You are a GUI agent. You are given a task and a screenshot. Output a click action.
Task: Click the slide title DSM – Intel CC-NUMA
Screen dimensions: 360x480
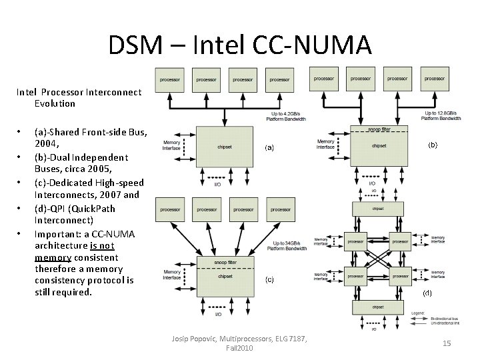pyautogui.click(x=239, y=45)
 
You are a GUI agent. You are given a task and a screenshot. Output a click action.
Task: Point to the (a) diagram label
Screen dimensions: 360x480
pyautogui.click(x=269, y=147)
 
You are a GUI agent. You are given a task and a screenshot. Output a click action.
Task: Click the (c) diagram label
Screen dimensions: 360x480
pyautogui.click(x=269, y=281)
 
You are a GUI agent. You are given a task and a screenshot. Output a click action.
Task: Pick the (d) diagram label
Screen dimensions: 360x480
pyautogui.click(x=427, y=293)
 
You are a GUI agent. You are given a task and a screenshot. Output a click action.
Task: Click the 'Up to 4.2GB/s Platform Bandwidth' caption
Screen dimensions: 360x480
pyautogui.click(x=289, y=117)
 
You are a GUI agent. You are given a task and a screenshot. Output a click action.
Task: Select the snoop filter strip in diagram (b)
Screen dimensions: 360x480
pyautogui.click(x=379, y=130)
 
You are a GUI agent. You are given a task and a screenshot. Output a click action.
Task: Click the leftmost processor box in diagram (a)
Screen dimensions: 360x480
pyautogui.click(x=170, y=79)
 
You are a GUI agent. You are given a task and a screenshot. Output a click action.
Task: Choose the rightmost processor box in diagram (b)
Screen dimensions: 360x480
pyautogui.click(x=434, y=79)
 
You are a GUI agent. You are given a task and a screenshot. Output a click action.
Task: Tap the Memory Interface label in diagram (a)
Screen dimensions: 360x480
pyautogui.click(x=171, y=145)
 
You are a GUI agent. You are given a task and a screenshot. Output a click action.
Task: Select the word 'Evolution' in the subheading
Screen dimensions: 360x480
pyautogui.click(x=55, y=103)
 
